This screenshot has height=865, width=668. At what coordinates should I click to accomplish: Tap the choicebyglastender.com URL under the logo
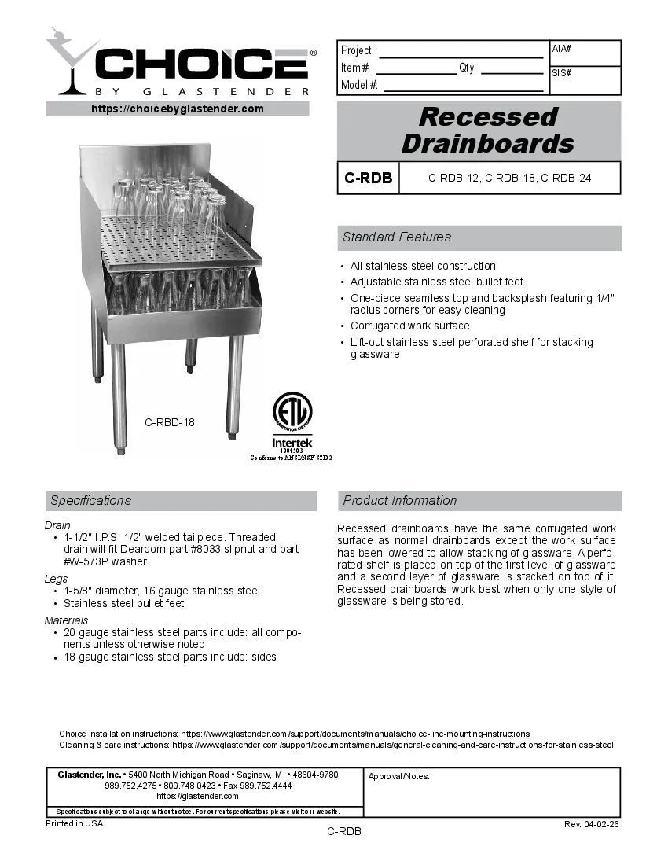178,109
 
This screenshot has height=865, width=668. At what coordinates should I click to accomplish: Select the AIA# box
585,53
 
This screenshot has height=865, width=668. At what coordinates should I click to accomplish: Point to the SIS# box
585,80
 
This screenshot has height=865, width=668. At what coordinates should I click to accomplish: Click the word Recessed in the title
487,117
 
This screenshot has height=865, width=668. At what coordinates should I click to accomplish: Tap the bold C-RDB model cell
368,178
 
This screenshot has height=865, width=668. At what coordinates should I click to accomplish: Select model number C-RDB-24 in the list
566,179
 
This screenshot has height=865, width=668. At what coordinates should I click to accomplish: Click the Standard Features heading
397,237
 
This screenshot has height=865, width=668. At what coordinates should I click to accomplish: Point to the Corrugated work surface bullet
409,326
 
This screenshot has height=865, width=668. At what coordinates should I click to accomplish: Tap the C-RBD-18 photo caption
170,422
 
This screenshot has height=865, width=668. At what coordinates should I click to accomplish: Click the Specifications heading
90,501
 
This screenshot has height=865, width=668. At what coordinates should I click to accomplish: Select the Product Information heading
399,501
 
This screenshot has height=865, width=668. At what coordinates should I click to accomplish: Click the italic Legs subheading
56,579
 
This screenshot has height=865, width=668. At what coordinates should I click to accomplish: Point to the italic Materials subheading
66,620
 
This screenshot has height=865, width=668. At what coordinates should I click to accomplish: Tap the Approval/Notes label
398,776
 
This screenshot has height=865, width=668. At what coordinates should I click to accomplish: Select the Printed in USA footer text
74,823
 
